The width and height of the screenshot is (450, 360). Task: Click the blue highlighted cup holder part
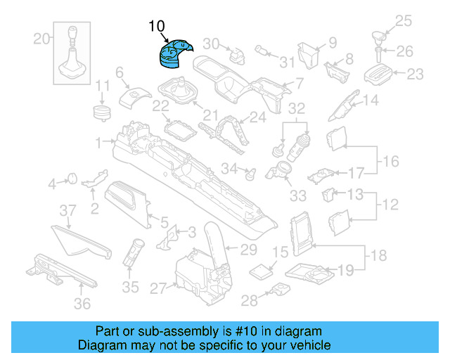pyautogui.click(x=170, y=55)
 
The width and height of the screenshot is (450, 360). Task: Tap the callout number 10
pyautogui.click(x=157, y=27)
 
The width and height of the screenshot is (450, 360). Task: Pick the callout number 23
pyautogui.click(x=415, y=73)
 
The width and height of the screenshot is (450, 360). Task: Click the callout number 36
pyautogui.click(x=83, y=304)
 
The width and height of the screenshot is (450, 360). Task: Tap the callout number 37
pyautogui.click(x=67, y=210)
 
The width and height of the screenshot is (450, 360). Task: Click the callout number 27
pyautogui.click(x=157, y=288)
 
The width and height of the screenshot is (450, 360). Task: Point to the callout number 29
pyautogui.click(x=249, y=249)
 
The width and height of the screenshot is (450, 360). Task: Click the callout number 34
pyautogui.click(x=229, y=168)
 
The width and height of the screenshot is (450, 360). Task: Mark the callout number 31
pyautogui.click(x=286, y=62)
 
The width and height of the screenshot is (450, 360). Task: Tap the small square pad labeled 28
pyautogui.click(x=280, y=290)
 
